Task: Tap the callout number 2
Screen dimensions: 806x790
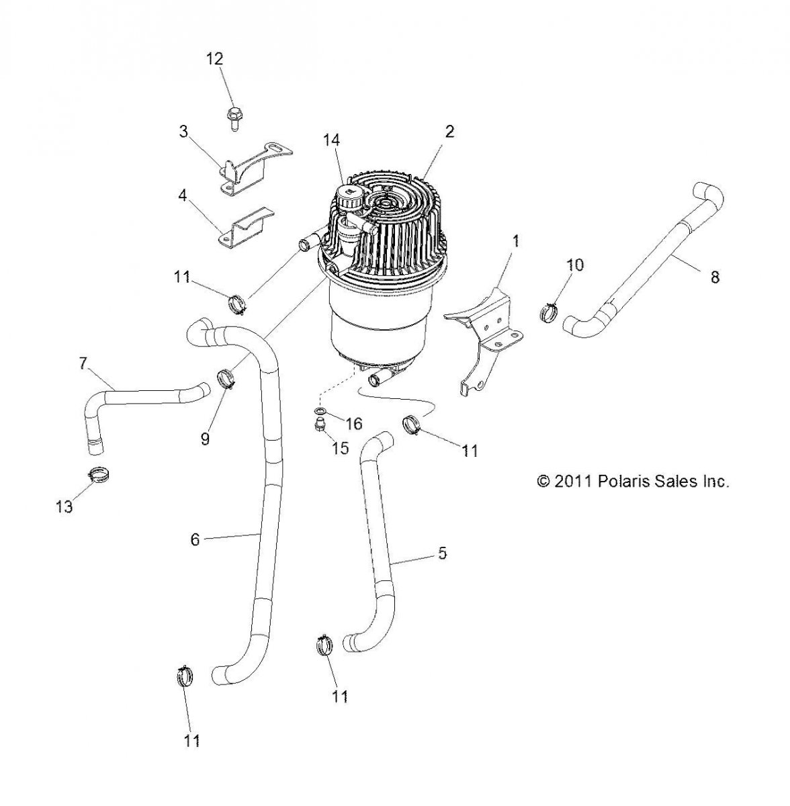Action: pos(449,131)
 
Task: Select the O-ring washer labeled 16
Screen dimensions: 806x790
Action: pos(322,411)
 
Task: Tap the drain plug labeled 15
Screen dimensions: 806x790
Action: pos(321,424)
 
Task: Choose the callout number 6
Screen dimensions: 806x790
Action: pos(195,539)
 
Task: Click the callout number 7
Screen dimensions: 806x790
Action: pos(83,363)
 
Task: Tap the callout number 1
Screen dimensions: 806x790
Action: pos(515,241)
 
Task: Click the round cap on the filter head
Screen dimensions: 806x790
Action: pos(349,197)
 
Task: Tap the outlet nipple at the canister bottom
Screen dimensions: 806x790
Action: pos(374,382)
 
